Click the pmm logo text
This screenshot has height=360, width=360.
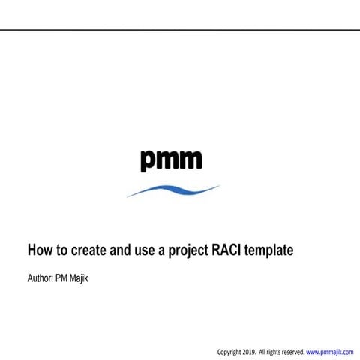[x=171, y=159]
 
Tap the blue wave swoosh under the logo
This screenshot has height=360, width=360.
[x=173, y=190]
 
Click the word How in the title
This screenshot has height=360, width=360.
[x=40, y=249]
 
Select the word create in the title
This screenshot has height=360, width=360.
[x=87, y=249]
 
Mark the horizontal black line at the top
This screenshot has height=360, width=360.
[x=180, y=30]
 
